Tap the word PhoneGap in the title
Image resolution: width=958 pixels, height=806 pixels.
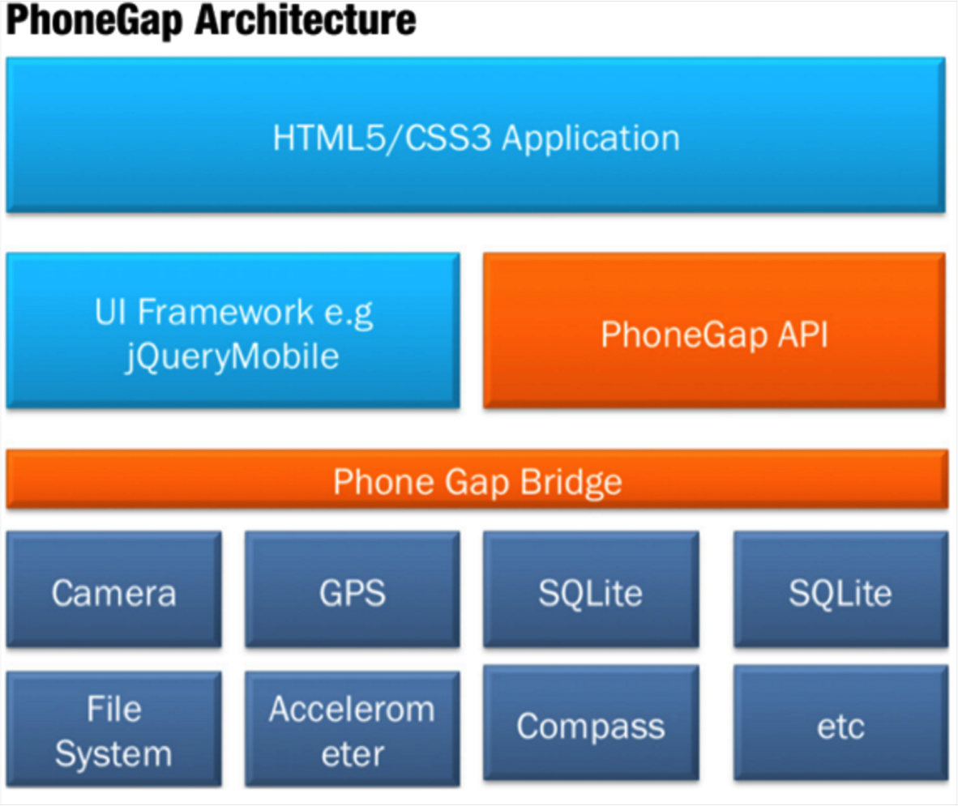click(x=96, y=21)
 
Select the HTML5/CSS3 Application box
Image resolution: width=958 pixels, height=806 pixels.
click(x=476, y=134)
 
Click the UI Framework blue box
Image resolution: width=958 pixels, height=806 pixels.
click(x=233, y=331)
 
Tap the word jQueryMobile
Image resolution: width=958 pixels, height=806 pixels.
click(x=233, y=356)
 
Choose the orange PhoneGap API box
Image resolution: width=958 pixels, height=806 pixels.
click(x=714, y=331)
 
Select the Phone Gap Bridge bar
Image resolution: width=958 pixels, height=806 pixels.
click(x=477, y=480)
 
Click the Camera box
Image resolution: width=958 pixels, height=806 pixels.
click(x=113, y=590)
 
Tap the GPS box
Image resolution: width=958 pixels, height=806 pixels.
click(x=353, y=590)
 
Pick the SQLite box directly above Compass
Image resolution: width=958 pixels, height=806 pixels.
click(x=591, y=590)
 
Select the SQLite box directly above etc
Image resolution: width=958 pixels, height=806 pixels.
click(x=840, y=590)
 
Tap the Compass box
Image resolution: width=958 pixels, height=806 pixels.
click(x=591, y=725)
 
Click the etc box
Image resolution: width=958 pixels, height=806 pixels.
click(x=840, y=725)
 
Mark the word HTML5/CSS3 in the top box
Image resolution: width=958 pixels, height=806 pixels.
click(x=382, y=138)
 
